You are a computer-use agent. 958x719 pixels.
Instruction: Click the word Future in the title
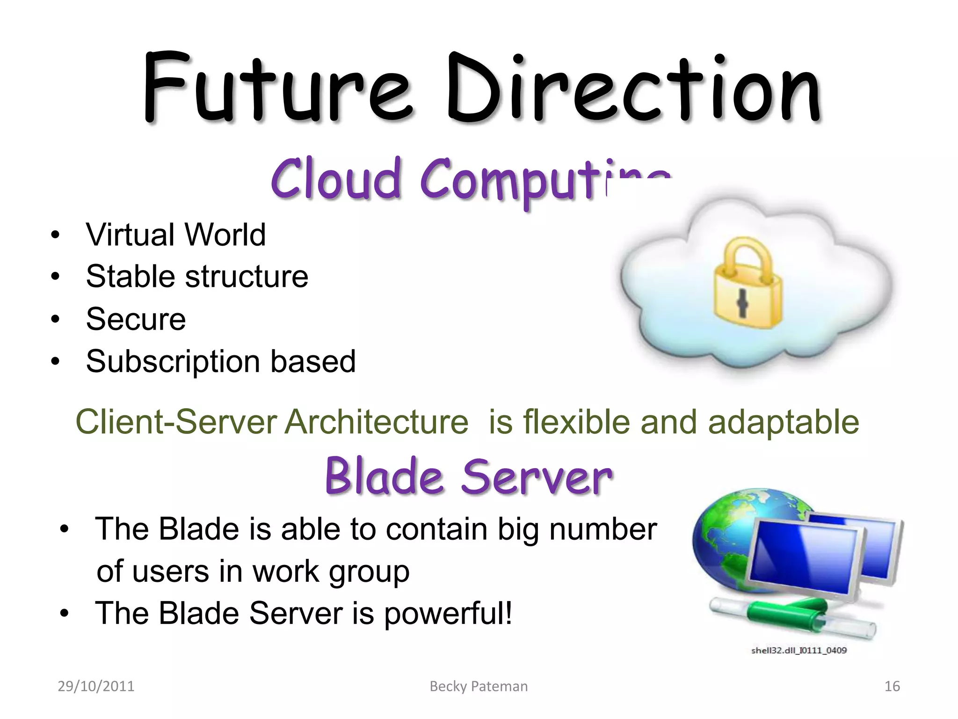point(276,89)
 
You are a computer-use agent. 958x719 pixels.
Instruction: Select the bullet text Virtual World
point(175,235)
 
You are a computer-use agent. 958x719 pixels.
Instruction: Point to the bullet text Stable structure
point(196,277)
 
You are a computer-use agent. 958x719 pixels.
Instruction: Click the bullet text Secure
point(136,319)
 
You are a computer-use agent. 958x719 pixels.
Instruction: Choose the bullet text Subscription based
point(221,361)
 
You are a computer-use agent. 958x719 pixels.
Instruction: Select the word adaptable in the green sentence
point(783,422)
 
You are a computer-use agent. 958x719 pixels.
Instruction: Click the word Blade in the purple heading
point(384,477)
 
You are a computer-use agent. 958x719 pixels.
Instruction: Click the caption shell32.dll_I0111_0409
point(798,650)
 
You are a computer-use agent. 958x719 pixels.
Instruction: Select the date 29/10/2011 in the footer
point(96,686)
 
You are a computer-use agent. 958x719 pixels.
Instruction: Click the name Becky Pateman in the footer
point(479,686)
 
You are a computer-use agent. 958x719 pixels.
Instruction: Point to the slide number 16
point(892,686)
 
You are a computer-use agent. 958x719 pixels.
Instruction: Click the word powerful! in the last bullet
point(448,613)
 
